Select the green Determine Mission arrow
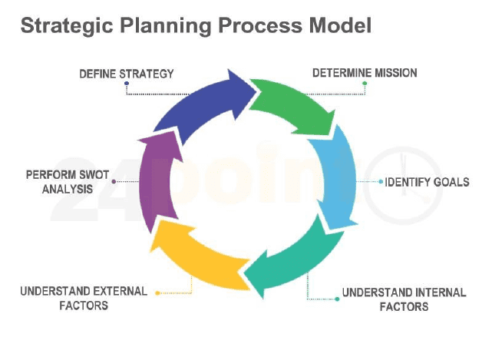coord(292,105)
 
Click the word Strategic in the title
coord(67,26)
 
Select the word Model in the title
coord(341,25)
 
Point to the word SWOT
coord(94,175)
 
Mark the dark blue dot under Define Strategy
coord(127,84)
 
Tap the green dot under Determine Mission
coord(365,84)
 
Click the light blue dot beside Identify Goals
coord(381,182)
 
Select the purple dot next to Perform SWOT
coord(114,181)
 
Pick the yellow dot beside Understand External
coord(157,293)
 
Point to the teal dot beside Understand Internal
coord(337,299)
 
